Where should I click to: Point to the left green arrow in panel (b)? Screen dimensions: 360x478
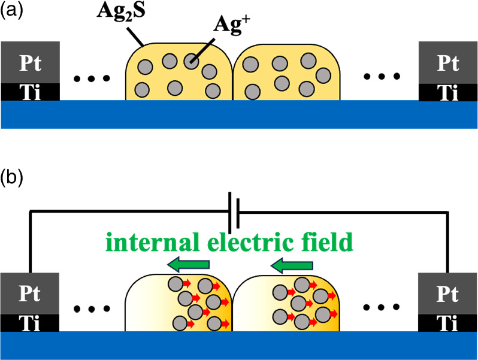click(188, 264)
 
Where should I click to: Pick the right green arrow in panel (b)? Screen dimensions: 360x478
click(292, 264)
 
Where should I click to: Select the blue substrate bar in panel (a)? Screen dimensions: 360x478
click(238, 114)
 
